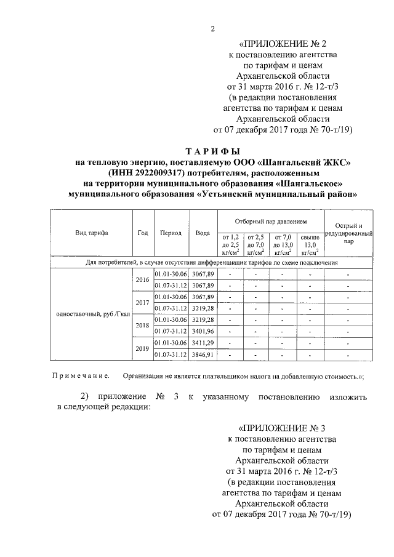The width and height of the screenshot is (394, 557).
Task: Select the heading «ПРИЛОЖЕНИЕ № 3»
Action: click(281, 428)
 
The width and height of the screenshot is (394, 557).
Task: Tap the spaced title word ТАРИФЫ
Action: click(212, 151)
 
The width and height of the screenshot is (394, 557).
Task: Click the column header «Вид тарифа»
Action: click(92, 233)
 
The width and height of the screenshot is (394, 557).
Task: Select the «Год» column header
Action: click(143, 233)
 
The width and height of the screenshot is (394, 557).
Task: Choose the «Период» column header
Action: click(171, 233)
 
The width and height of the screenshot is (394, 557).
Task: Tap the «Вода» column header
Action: click(203, 233)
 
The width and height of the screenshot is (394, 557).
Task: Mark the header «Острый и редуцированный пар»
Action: click(348, 234)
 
